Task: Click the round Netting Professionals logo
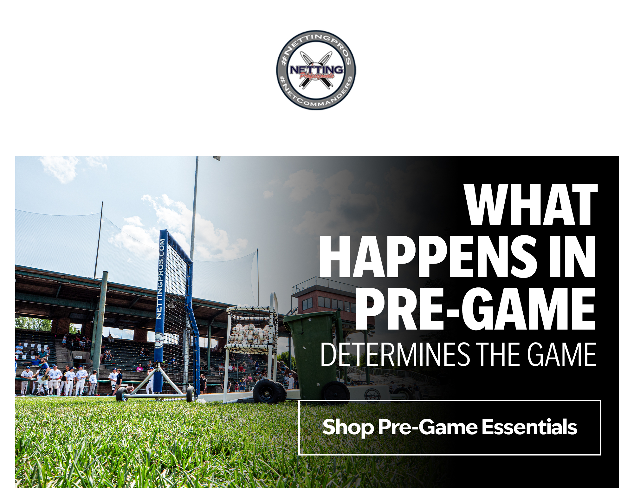[x=316, y=70]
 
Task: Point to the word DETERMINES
[x=395, y=354]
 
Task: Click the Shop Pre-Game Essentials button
[x=450, y=427]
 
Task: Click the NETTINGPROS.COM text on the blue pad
[x=160, y=278]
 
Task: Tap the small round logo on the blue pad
[x=159, y=340]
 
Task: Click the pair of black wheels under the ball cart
[x=270, y=391]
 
